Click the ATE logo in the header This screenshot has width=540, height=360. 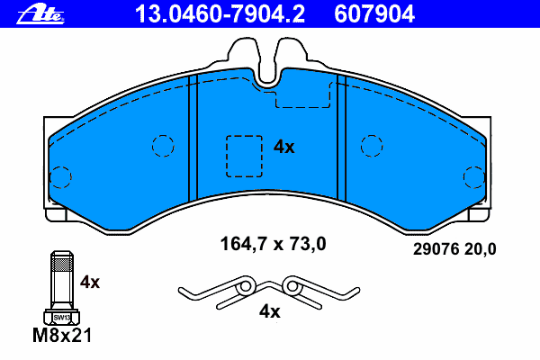coord(40,14)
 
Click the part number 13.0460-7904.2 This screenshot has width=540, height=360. coord(220,14)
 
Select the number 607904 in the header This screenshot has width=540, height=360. coord(374,14)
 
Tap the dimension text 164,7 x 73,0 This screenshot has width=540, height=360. coord(273,244)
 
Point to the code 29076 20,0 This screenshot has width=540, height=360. coord(454,248)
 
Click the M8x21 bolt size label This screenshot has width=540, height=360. coord(62,335)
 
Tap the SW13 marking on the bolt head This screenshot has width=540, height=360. coord(62,318)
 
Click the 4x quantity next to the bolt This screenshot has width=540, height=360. coord(90,282)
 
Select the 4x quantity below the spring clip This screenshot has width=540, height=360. coord(270,311)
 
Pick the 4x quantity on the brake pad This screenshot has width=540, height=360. coord(284,147)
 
